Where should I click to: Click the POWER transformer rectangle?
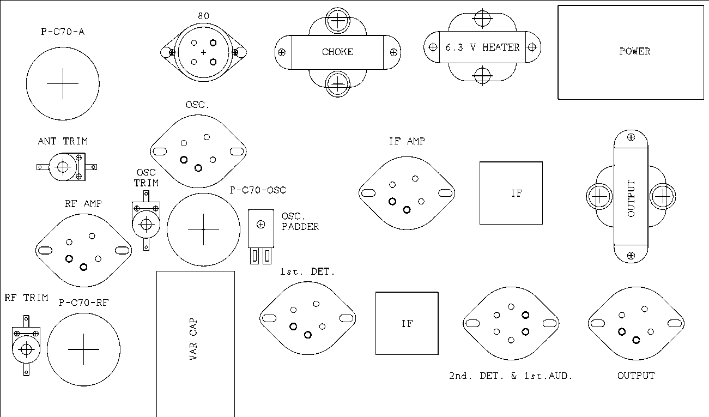pyautogui.click(x=631, y=52)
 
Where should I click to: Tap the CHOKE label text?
pyautogui.click(x=337, y=52)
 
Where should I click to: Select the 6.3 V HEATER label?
pyautogui.click(x=482, y=47)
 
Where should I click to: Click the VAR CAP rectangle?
pyautogui.click(x=196, y=343)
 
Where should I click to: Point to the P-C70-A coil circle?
pyautogui.click(x=63, y=84)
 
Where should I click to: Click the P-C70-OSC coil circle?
pyautogui.click(x=203, y=229)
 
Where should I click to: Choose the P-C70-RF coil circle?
pyautogui.click(x=83, y=349)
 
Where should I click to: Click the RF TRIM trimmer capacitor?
pyautogui.click(x=26, y=346)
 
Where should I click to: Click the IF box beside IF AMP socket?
pyautogui.click(x=511, y=193)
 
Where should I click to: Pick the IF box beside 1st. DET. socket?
pyautogui.click(x=407, y=323)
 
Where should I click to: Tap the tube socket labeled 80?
pyautogui.click(x=203, y=52)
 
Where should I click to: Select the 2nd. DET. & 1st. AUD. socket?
pyautogui.click(x=511, y=323)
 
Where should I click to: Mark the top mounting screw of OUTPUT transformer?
pyautogui.click(x=631, y=137)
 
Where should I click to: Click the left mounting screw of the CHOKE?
pyautogui.click(x=282, y=52)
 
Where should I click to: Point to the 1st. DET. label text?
pyautogui.click(x=307, y=271)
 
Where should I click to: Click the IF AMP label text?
pyautogui.click(x=407, y=141)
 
